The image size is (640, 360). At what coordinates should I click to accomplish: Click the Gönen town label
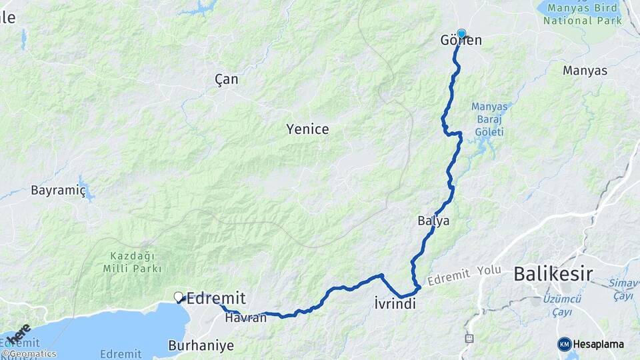tap(461, 41)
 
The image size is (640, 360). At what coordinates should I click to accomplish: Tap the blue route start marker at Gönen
tap(461, 33)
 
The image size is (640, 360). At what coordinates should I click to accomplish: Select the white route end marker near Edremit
tap(178, 297)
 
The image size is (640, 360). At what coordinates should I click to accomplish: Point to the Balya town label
tap(433, 221)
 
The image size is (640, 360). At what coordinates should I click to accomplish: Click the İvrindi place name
tap(395, 305)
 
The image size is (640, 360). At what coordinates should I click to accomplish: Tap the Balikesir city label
tap(553, 273)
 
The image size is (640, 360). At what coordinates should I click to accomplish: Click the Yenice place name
tap(307, 129)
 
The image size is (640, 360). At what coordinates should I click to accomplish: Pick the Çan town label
tap(227, 79)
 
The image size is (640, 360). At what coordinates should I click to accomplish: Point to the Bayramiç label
tap(59, 191)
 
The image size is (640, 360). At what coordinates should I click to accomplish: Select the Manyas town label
tap(585, 70)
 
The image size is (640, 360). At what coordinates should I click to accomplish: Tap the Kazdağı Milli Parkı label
tap(133, 262)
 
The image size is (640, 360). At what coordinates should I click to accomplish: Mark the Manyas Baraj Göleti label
tap(489, 119)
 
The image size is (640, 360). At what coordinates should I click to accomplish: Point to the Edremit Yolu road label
tap(463, 275)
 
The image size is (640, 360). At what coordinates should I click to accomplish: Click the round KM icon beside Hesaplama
tap(565, 344)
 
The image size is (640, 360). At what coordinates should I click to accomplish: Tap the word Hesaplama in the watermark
tap(599, 344)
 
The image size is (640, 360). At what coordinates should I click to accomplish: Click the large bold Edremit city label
tap(216, 299)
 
